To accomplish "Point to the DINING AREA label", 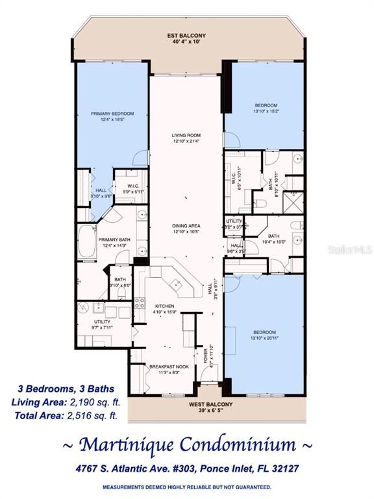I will pyautogui.click(x=186, y=225).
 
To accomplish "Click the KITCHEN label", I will pyautogui.click(x=164, y=305).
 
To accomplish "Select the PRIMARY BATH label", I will pyautogui.click(x=114, y=240).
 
